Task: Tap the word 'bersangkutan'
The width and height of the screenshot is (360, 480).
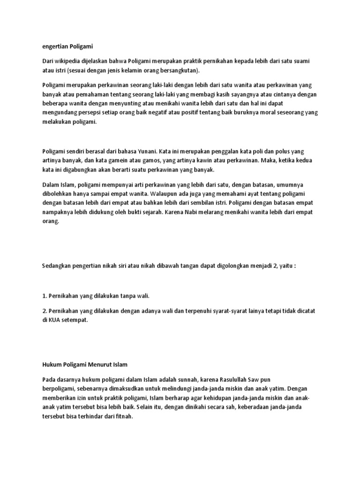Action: (x=180, y=71)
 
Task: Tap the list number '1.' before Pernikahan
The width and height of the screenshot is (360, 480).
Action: (x=45, y=296)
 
